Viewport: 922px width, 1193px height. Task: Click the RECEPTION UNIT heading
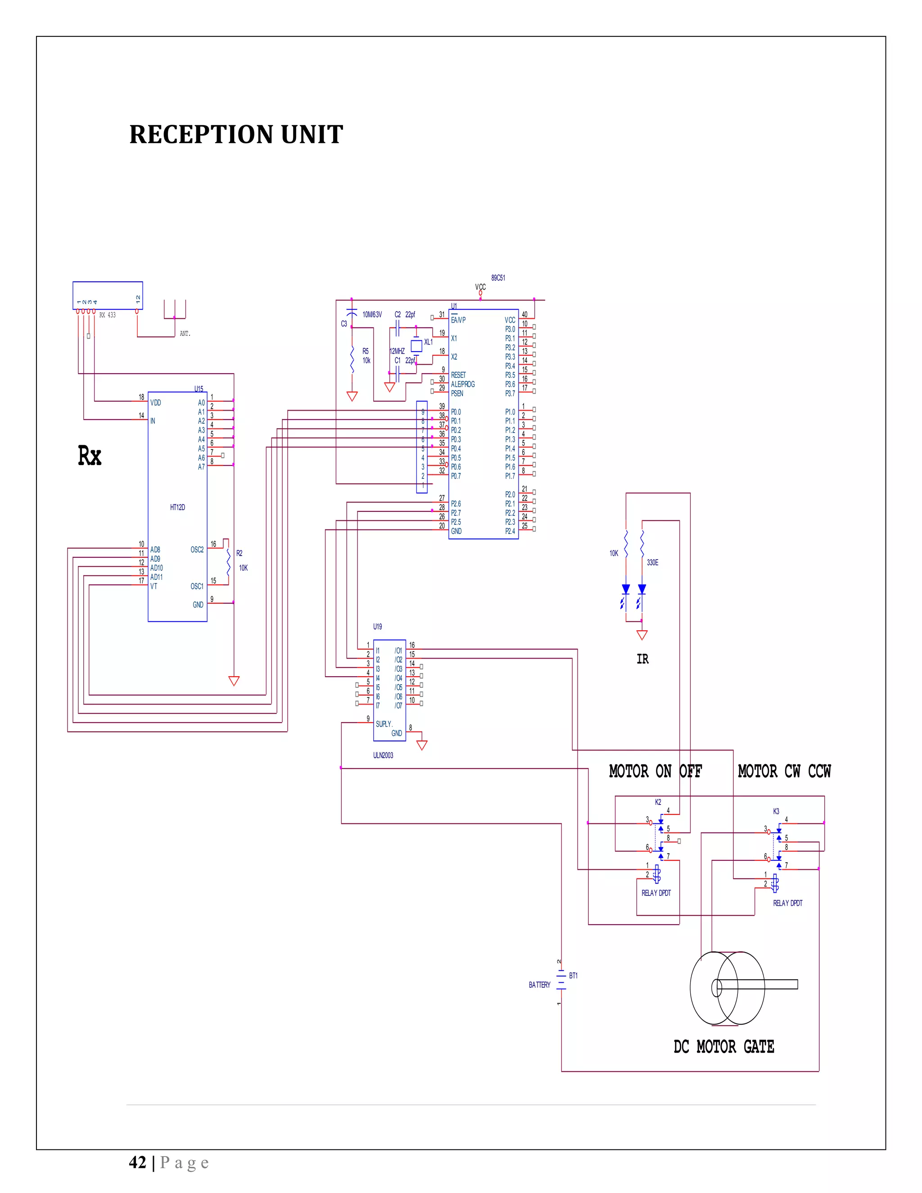(236, 134)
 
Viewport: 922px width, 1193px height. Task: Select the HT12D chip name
(177, 507)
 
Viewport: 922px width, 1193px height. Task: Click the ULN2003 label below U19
(383, 755)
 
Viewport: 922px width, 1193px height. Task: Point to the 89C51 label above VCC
(497, 278)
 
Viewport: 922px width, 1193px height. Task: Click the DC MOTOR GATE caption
(724, 1047)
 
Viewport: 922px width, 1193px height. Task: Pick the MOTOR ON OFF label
(655, 771)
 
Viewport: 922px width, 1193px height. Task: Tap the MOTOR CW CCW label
(784, 771)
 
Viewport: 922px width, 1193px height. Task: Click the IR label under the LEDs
(642, 660)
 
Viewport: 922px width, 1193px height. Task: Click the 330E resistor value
(652, 563)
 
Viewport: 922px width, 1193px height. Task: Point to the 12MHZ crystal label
(397, 351)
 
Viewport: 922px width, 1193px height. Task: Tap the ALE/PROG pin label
(463, 384)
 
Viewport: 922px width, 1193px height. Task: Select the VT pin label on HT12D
(154, 586)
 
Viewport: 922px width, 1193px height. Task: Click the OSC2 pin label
(197, 550)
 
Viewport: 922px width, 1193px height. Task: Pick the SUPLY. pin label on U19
(384, 724)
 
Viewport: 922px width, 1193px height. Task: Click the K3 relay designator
(776, 811)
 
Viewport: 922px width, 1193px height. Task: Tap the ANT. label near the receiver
(185, 334)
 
